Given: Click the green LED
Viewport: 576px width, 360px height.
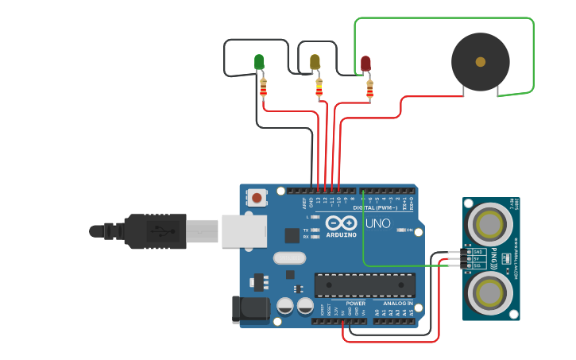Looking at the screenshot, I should click(x=259, y=61).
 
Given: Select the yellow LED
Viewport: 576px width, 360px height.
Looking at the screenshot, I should click(x=315, y=61).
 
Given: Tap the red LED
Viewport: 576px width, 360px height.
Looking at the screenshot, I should click(x=365, y=64).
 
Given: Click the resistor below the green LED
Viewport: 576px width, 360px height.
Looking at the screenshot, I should click(x=264, y=87).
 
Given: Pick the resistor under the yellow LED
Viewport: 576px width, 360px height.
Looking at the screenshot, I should click(x=319, y=87).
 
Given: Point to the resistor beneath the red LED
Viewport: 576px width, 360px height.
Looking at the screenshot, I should click(x=369, y=89).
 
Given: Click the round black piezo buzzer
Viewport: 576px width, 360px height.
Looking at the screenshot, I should click(x=480, y=61).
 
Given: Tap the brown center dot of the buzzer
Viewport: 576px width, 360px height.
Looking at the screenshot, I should click(x=480, y=61).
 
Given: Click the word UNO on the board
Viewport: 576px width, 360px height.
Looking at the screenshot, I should click(x=377, y=223).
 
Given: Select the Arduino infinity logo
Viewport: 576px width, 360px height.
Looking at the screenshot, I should click(x=341, y=223).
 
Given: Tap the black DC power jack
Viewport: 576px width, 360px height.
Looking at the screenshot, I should click(x=250, y=309).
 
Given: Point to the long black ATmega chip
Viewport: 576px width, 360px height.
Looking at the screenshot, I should click(x=365, y=285).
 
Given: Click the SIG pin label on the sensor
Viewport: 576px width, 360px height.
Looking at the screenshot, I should click(x=477, y=266).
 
